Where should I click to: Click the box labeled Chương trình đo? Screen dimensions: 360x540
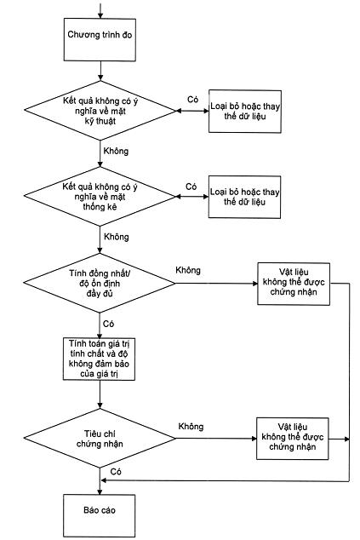point(100,40)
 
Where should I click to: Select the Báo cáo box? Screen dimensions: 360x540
point(99,515)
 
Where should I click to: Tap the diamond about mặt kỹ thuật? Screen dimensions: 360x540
point(100,111)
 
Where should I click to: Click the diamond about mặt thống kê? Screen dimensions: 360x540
point(100,197)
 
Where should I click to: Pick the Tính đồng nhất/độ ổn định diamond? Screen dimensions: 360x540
point(100,283)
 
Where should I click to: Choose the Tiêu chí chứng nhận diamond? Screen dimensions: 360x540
point(100,438)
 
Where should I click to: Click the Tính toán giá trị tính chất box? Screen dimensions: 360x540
point(99,359)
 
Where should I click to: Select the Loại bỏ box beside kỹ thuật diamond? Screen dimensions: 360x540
point(245,112)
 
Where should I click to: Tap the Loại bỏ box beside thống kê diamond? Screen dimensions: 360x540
point(245,197)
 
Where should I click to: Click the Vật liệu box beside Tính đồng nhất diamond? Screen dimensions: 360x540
point(294,284)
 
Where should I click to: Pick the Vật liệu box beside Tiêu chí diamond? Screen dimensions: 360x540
point(293,439)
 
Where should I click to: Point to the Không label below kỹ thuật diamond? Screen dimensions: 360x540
point(116,152)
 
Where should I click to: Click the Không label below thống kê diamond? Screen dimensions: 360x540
point(117,237)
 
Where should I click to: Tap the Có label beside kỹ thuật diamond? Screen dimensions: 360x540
point(192,99)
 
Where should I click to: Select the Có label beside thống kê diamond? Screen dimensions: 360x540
point(191,187)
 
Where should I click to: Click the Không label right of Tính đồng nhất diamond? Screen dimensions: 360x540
point(188,270)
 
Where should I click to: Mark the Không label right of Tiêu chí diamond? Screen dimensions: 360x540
point(191,427)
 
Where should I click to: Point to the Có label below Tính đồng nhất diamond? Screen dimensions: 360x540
point(108,324)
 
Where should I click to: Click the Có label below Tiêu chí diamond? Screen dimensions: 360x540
point(116,472)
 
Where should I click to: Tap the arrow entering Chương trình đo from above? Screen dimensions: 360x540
point(100,11)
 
